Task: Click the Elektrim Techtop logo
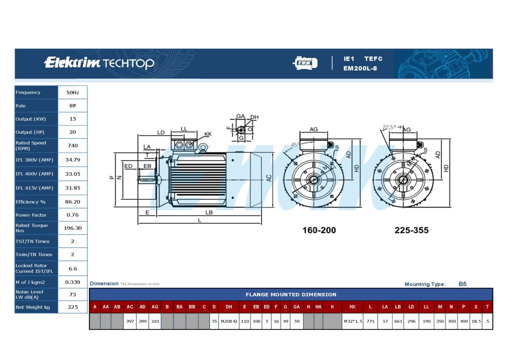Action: tap(99, 63)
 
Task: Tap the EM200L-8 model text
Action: tap(360, 69)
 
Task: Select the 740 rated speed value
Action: tap(73, 146)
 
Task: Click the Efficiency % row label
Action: tap(30, 202)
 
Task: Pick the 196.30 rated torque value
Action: tap(73, 228)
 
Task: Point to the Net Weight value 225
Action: tap(73, 307)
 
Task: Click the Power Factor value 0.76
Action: tap(73, 215)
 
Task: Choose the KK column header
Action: tap(352, 307)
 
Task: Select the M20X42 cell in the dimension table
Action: tap(229, 321)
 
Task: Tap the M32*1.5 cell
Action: tap(353, 321)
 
